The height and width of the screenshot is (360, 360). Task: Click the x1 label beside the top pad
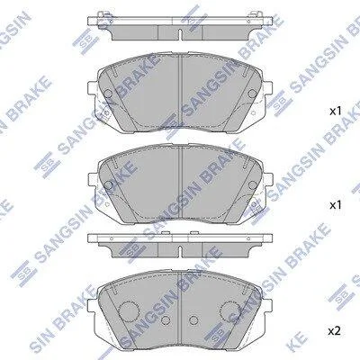336,112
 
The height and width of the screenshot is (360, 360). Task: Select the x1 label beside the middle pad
336,205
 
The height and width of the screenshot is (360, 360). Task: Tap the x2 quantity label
334,331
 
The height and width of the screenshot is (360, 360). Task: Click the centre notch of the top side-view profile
180,34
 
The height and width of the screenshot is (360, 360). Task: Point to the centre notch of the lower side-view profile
180,251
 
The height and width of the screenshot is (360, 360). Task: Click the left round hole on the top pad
108,94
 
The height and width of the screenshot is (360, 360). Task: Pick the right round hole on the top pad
252,94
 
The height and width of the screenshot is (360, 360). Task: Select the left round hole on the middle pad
108,185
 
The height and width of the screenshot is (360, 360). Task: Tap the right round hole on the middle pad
252,185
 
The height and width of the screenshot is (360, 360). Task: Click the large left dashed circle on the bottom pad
129,310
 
